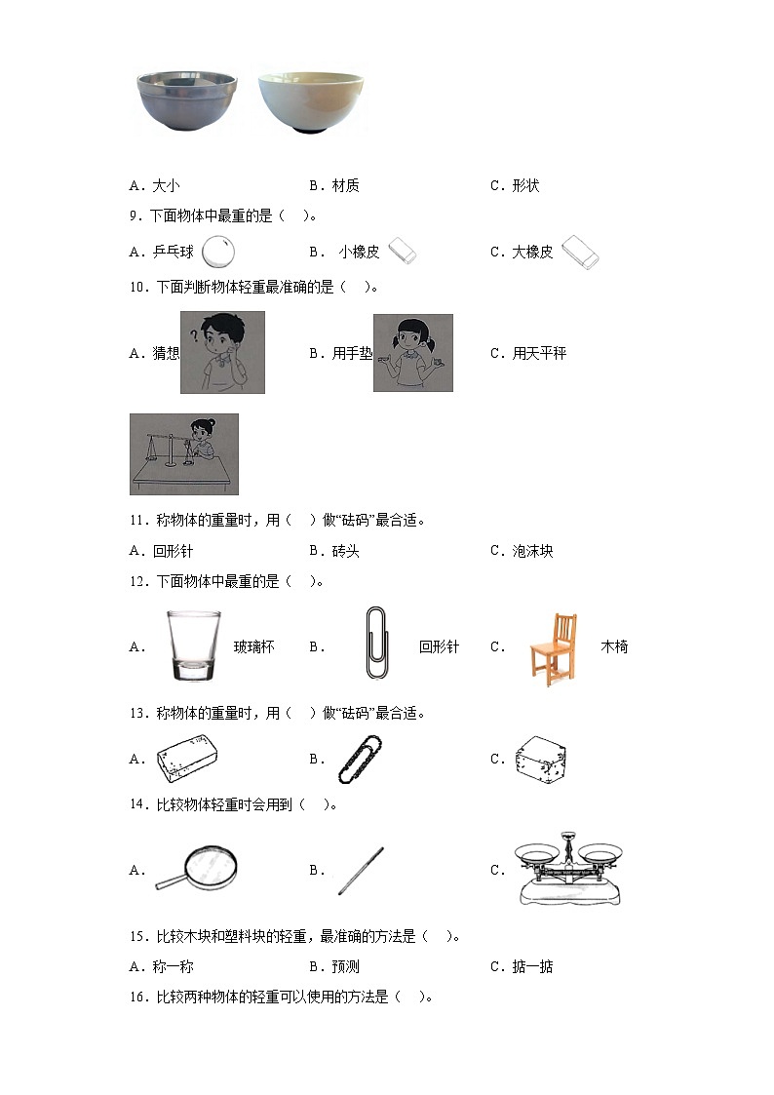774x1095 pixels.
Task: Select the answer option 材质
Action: pyautogui.click(x=345, y=186)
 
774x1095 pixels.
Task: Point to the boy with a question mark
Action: pyautogui.click(x=222, y=353)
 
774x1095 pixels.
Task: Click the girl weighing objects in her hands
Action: pyautogui.click(x=413, y=353)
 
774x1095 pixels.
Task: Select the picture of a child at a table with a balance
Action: pyautogui.click(x=183, y=453)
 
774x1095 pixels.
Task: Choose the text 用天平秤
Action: pyautogui.click(x=539, y=354)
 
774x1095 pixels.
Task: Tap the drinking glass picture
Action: pyautogui.click(x=193, y=645)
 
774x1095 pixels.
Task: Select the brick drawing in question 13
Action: pyautogui.click(x=187, y=759)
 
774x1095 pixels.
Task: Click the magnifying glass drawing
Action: pyautogui.click(x=198, y=869)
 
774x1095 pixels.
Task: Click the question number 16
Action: pyautogui.click(x=137, y=997)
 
